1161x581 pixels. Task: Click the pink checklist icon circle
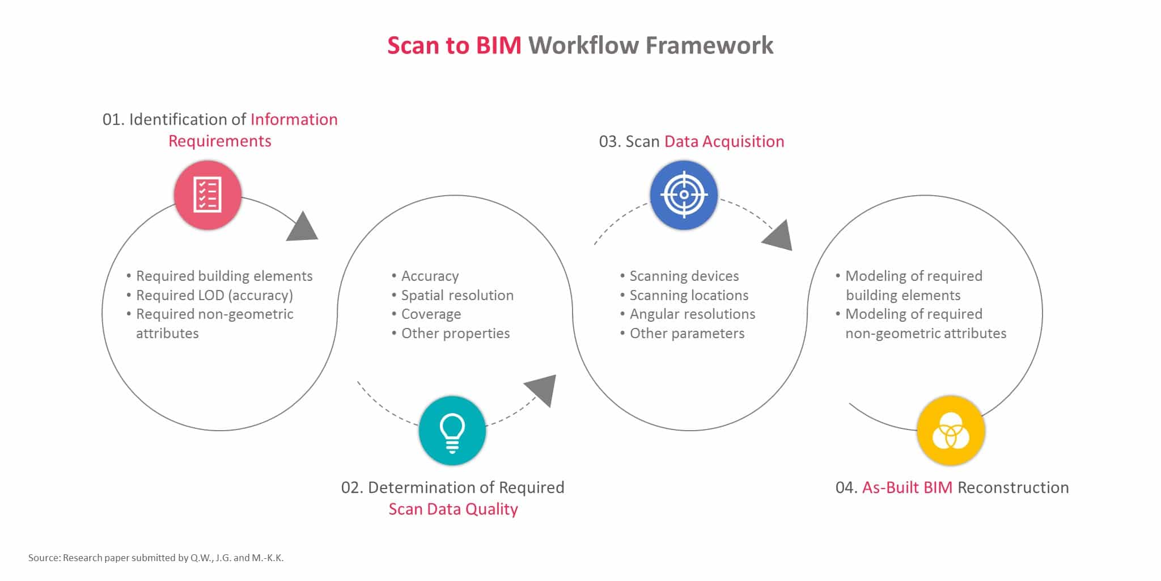(x=207, y=195)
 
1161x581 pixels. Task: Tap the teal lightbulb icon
(x=452, y=431)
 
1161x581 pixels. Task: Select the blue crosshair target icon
(x=684, y=195)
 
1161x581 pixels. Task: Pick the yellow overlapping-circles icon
(x=951, y=431)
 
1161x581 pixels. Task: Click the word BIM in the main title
(x=498, y=45)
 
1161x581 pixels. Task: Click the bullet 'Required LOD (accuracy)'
(x=214, y=295)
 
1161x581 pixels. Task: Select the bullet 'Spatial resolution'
(x=457, y=295)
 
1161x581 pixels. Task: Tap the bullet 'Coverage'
(x=431, y=314)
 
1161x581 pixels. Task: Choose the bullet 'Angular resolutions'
(x=692, y=314)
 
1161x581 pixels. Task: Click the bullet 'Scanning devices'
(x=684, y=276)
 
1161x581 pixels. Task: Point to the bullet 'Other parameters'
(x=687, y=333)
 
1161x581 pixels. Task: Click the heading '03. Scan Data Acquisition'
(x=692, y=141)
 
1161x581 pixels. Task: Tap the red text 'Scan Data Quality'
(x=453, y=509)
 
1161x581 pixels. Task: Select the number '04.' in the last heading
(x=846, y=487)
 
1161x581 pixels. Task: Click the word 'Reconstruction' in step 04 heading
(x=1013, y=487)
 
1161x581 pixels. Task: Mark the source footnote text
(x=156, y=558)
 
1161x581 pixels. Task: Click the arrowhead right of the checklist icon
(x=302, y=227)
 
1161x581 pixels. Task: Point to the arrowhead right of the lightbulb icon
(x=541, y=390)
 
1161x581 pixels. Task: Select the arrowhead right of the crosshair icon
(x=778, y=235)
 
